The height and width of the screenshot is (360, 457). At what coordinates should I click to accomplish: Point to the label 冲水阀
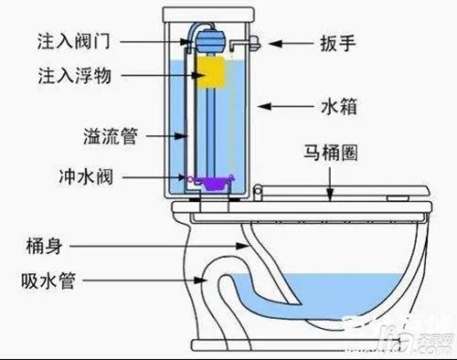click(108, 173)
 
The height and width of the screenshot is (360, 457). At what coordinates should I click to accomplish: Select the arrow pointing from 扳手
click(288, 42)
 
